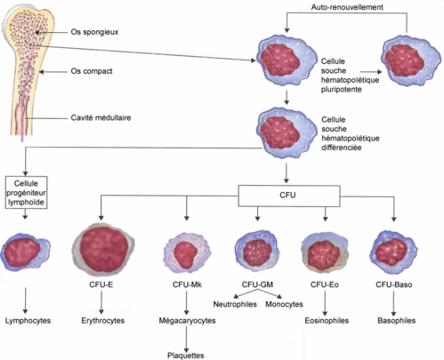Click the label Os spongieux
pos(94,32)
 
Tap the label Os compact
pos(92,71)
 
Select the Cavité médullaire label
pos(101,117)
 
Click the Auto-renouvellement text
pos(347,7)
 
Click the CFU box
pos(289,196)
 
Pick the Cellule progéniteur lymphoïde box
pos(26,193)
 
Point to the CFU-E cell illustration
pos(102,248)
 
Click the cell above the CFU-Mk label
pos(187,252)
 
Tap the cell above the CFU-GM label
pos(257,251)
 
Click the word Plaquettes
pos(186,356)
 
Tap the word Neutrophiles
pos(235,304)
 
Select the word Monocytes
pos(284,304)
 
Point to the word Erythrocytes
pos(103,321)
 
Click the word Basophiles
pos(397,321)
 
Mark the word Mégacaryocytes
pos(187,321)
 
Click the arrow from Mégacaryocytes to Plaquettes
pos(187,339)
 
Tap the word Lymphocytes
pos(28,321)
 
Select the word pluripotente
pos(342,90)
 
